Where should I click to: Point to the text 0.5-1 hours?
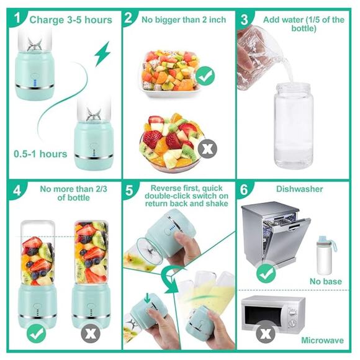(x=40, y=153)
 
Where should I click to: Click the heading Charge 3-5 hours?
(x=70, y=19)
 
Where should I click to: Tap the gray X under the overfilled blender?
(x=91, y=333)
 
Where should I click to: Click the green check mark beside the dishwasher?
(x=266, y=271)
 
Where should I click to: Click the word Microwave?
(x=322, y=341)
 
